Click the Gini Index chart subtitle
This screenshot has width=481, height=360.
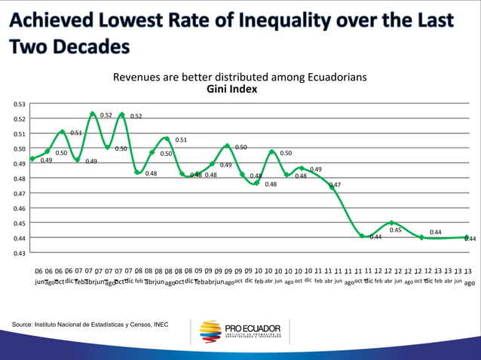coord(231,89)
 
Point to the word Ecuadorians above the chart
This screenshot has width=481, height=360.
coord(331,77)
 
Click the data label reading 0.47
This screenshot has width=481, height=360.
coord(335,185)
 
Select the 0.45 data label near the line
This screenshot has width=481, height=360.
coord(395,230)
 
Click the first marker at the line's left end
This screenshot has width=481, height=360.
coord(32,158)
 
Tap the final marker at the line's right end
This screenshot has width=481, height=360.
coord(467,237)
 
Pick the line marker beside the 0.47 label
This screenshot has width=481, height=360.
coord(332,187)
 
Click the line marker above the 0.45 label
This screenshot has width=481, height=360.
coord(391,223)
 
